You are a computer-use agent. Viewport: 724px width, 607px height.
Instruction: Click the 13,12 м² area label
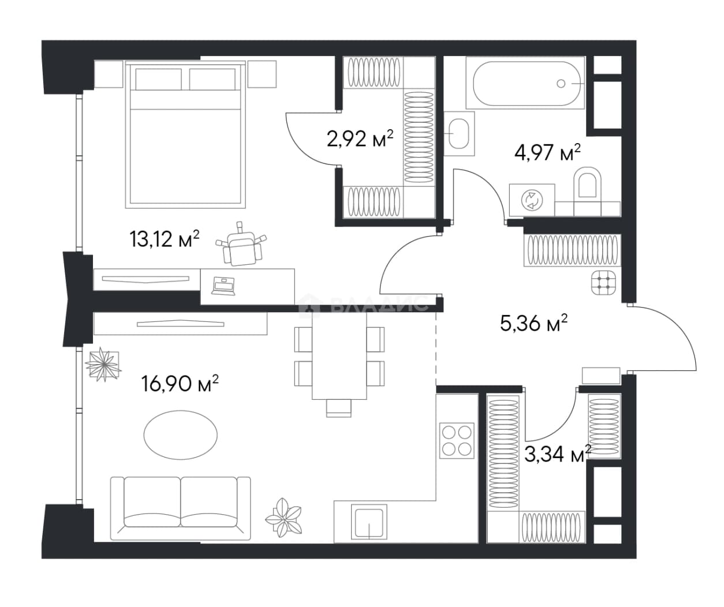coord(165,239)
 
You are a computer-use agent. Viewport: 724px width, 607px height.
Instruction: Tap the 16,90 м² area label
coord(180,383)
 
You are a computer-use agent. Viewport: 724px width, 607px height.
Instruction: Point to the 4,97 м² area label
coord(547,152)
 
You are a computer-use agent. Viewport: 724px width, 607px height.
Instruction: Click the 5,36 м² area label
coord(533,323)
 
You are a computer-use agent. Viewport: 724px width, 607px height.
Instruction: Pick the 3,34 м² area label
coord(558,454)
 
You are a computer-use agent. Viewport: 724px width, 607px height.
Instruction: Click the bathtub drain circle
coord(561,84)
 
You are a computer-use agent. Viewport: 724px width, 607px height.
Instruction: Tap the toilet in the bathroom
coord(587,187)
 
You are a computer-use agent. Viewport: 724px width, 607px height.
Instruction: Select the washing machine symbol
coord(532,200)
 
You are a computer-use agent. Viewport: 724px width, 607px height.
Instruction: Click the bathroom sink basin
coord(459,133)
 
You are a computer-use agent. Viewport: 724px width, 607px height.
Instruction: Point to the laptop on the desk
coord(223,286)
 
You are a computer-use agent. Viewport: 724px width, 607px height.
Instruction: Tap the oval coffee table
coord(181,435)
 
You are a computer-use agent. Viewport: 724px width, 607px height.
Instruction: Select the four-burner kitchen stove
coord(457,441)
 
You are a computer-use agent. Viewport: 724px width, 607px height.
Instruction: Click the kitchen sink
coord(369,522)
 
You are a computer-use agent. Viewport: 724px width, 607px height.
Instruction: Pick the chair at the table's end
coord(339,408)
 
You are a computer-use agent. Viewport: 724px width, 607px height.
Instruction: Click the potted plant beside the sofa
coord(283,517)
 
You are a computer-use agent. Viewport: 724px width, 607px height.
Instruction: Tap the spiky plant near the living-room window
coord(103,364)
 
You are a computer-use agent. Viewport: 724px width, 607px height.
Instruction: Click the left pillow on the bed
coord(158,80)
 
